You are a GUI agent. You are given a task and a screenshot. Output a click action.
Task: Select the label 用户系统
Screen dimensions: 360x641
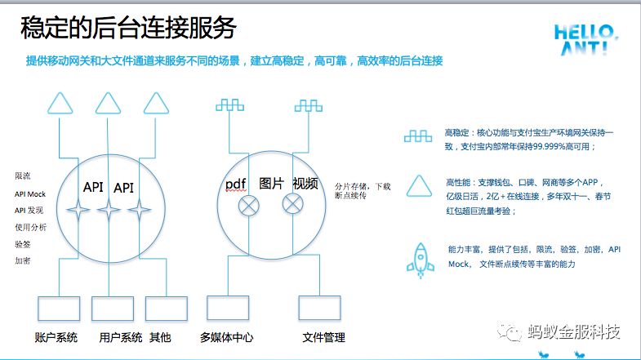(120, 337)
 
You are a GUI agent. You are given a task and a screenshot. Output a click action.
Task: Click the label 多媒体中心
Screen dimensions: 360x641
(227, 337)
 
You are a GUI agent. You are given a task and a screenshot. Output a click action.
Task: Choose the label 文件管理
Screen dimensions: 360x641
(323, 337)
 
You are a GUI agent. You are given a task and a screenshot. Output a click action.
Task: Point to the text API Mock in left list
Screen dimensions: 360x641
(30, 193)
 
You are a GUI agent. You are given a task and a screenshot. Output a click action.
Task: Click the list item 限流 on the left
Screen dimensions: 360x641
(22, 176)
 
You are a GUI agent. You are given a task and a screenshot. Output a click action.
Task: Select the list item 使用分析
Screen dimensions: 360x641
(30, 226)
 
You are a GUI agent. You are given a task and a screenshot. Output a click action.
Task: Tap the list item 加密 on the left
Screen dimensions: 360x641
(22, 260)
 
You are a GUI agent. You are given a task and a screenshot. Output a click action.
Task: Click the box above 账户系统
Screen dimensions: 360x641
(60, 309)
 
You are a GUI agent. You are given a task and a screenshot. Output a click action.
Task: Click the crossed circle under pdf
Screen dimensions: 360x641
(247, 205)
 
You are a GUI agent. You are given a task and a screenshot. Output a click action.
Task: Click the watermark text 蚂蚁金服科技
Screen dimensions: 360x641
(574, 332)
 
